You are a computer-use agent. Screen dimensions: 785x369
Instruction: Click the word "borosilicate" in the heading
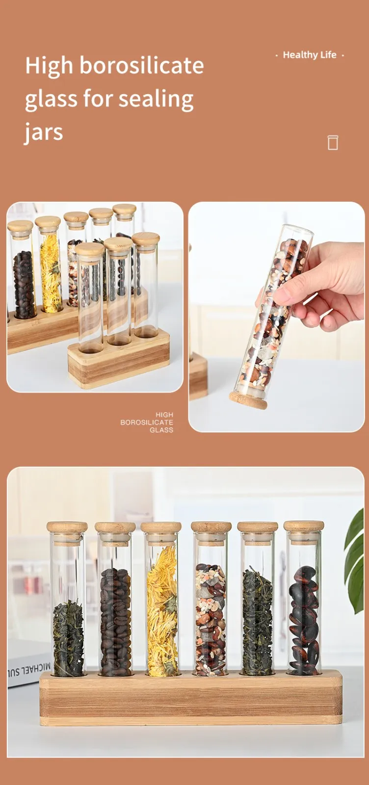pos(141,66)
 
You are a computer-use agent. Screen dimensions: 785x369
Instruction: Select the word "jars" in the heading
pos(44,132)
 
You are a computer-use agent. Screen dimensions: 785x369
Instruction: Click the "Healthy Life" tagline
pos(310,55)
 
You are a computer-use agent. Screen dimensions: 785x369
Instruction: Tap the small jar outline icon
pos(333,142)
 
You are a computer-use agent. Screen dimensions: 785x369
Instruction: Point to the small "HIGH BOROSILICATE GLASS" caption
pos(147,422)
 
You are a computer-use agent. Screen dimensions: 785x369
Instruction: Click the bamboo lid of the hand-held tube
pos(248,399)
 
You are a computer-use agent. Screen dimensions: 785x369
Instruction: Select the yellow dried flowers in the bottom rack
pos(161,613)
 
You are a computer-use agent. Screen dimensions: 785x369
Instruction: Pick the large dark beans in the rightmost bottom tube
pos(303,621)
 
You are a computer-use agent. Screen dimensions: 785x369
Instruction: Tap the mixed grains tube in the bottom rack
pos(211,621)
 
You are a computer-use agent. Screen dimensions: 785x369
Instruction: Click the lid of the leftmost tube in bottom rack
pos(67,528)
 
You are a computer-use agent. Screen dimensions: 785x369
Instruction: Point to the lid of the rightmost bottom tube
pos(304,526)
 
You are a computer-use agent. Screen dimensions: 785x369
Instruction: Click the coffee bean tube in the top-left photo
pos(23,285)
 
